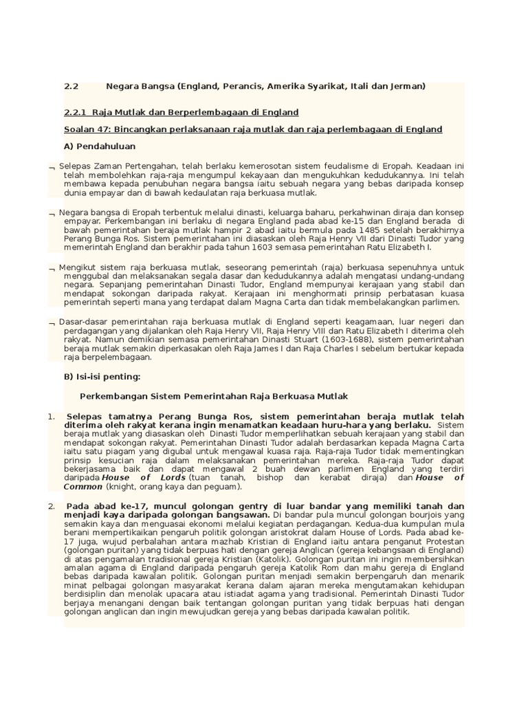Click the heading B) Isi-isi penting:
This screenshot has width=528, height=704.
(x=102, y=377)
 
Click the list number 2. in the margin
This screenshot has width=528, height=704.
(x=52, y=506)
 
